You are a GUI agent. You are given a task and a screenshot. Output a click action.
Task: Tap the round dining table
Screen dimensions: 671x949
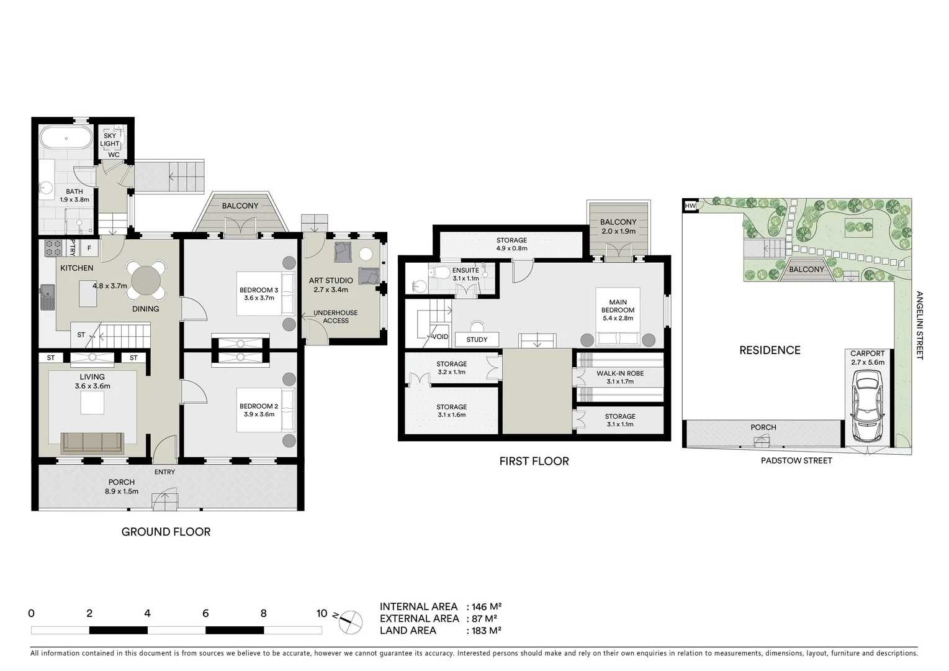pyautogui.click(x=147, y=280)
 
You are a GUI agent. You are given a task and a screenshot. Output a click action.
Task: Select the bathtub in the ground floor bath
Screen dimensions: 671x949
pyautogui.click(x=66, y=137)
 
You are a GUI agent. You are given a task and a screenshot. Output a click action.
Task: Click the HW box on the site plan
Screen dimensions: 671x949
pyautogui.click(x=690, y=206)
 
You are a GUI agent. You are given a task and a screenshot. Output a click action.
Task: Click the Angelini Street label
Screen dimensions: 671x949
pyautogui.click(x=919, y=326)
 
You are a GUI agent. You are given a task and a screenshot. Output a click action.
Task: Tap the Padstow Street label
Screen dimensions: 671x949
pyautogui.click(x=796, y=460)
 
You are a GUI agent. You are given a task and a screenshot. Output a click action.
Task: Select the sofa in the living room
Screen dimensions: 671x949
pyautogui.click(x=92, y=442)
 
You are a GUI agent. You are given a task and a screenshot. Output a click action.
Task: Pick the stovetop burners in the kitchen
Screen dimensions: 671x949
pyautogui.click(x=53, y=249)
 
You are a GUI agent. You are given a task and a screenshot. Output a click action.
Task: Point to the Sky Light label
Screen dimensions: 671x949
pyautogui.click(x=110, y=140)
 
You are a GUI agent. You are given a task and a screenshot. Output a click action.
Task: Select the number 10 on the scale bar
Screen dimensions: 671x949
pyautogui.click(x=322, y=613)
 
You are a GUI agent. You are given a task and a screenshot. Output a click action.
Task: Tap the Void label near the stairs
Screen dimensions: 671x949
pyautogui.click(x=440, y=337)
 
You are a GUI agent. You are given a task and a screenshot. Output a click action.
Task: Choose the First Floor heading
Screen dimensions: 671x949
pyautogui.click(x=534, y=461)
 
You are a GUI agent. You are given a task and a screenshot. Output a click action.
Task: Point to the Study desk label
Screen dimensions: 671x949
pyautogui.click(x=477, y=339)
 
